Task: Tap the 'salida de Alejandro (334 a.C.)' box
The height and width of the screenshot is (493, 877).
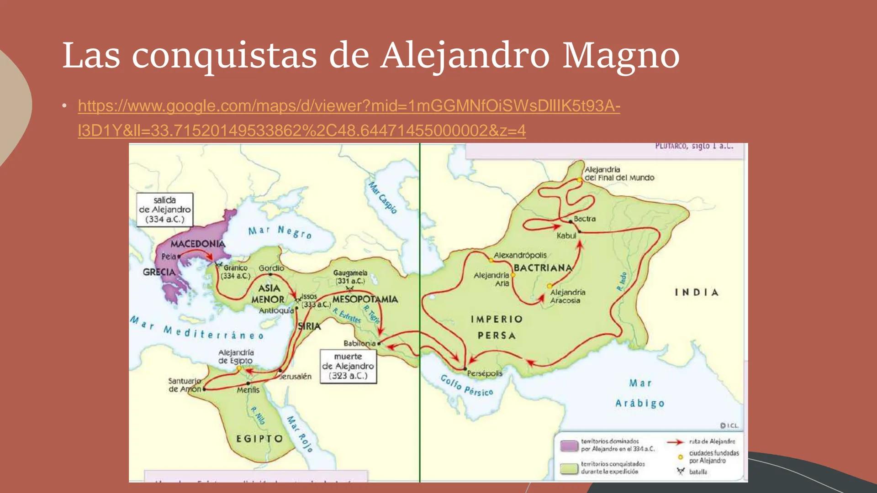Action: click(165, 210)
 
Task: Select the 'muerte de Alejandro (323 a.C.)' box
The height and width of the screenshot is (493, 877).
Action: click(348, 366)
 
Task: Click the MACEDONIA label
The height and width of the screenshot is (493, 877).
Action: click(198, 244)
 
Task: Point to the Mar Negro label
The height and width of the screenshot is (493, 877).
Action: click(280, 231)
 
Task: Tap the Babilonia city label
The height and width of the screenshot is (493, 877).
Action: click(359, 343)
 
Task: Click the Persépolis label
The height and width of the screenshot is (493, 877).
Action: click(485, 373)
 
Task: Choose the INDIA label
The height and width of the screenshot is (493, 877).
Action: click(697, 292)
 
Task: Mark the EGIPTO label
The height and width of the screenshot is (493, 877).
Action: click(259, 439)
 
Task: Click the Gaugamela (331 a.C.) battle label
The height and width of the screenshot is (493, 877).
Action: click(350, 277)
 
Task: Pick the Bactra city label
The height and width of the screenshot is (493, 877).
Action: click(585, 219)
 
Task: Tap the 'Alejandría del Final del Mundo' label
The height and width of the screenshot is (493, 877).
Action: click(619, 173)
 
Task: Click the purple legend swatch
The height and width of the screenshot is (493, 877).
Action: click(569, 446)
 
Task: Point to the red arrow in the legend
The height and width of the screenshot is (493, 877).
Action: click(675, 442)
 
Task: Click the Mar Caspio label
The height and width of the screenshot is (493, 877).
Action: click(383, 198)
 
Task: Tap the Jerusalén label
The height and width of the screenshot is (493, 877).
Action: click(296, 377)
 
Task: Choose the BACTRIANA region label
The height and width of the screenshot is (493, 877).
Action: click(543, 268)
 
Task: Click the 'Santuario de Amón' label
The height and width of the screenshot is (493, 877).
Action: click(185, 385)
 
